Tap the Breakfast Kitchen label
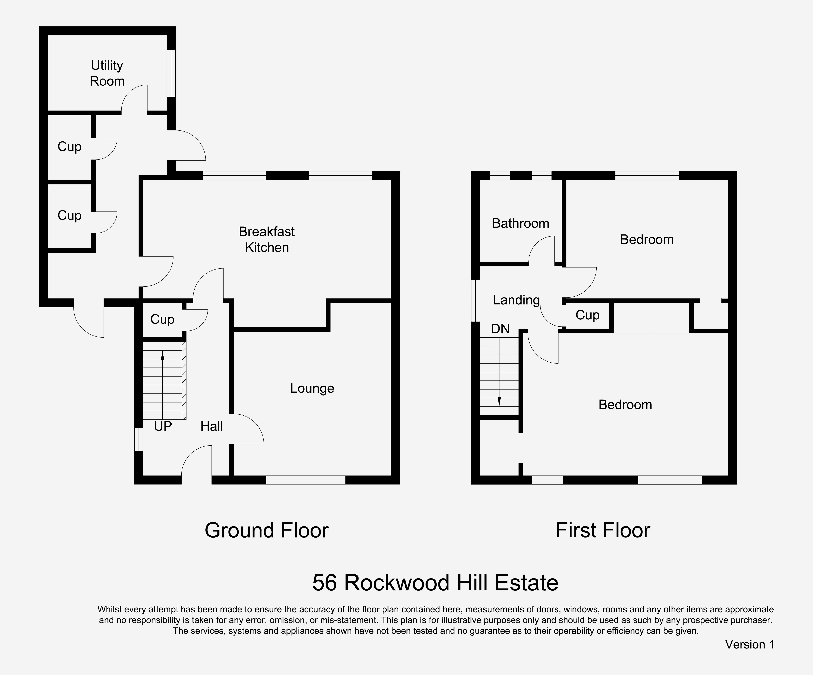267,239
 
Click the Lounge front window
306,480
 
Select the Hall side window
139,439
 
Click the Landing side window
475,301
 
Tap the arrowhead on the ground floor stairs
163,355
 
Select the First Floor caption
603,531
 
